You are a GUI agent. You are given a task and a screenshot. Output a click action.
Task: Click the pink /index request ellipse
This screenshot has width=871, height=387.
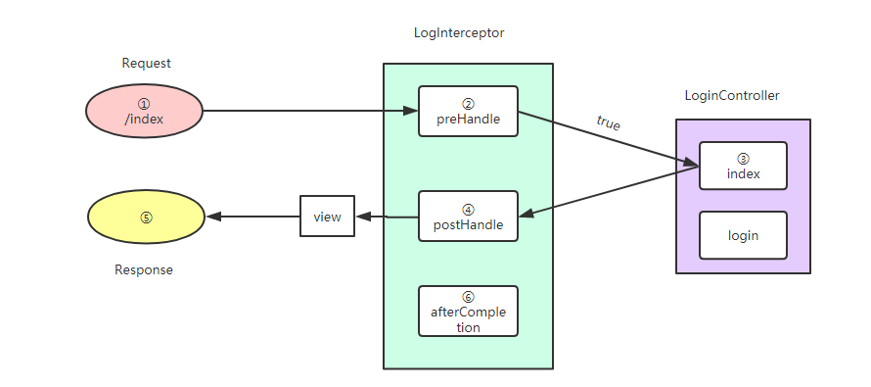[x=144, y=110]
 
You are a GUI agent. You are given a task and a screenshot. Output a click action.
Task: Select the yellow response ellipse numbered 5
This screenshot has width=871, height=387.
[x=146, y=218]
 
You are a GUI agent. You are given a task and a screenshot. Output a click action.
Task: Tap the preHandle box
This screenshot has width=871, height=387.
[x=468, y=111]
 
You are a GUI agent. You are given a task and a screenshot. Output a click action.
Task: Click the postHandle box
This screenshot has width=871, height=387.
[x=468, y=216]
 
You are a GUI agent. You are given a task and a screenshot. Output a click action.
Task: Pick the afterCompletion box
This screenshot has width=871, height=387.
[x=468, y=311]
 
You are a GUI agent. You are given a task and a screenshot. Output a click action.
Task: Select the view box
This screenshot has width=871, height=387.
[x=327, y=217]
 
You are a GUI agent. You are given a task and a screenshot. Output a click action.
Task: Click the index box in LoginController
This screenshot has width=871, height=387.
[x=743, y=166]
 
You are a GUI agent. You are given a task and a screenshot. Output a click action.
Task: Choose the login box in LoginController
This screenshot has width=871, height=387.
[x=743, y=235]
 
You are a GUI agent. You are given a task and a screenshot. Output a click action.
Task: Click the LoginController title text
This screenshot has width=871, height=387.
[x=731, y=95]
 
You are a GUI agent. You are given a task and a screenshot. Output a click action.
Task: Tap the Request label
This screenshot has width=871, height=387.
[x=146, y=63]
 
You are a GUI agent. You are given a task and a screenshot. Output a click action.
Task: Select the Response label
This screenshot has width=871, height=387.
[x=143, y=269]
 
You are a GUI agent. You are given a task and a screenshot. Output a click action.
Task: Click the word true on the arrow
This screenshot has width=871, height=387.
[x=608, y=123]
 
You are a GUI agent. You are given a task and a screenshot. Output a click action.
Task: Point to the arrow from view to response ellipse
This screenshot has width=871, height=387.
[x=252, y=217]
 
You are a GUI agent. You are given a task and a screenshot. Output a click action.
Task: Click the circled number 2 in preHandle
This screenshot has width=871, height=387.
[x=468, y=103]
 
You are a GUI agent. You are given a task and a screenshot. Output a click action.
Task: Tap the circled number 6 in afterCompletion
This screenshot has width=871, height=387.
[x=468, y=296]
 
